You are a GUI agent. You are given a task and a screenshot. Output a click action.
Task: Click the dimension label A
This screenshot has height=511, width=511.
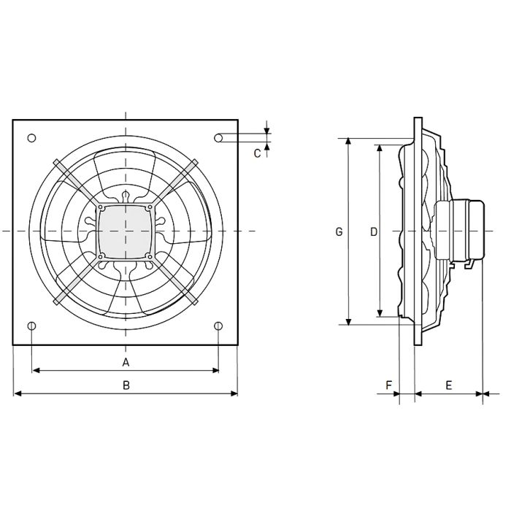(x=126, y=362)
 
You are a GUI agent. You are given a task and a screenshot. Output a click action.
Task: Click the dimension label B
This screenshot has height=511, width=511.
(x=126, y=385)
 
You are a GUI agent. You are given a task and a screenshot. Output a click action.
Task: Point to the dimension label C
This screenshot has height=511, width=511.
(x=257, y=153)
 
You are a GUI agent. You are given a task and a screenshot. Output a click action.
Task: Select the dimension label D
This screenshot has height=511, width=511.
(x=373, y=232)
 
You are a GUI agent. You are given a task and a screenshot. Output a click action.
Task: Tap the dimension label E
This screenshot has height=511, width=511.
(x=448, y=384)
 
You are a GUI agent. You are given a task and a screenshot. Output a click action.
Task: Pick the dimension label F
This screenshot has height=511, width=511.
(x=389, y=384)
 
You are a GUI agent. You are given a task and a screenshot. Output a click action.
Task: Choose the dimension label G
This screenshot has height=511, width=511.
(x=339, y=232)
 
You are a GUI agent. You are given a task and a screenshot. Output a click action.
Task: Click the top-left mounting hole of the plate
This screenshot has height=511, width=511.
(x=31, y=138)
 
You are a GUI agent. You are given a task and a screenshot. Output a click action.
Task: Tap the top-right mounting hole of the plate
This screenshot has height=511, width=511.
(x=220, y=137)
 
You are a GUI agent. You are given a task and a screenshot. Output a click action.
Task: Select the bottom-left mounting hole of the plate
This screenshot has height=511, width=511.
(x=31, y=326)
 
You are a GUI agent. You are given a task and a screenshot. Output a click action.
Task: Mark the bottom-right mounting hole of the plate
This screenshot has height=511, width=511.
(x=219, y=326)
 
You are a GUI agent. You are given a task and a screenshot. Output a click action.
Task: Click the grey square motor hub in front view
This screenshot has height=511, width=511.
(x=126, y=231)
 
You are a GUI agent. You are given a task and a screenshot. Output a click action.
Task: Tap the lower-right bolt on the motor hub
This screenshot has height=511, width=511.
(x=150, y=255)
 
